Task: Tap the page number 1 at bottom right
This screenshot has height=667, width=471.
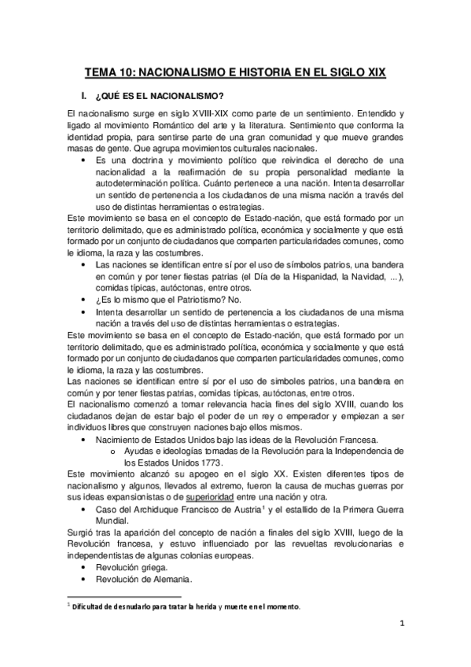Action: pos(400,627)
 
